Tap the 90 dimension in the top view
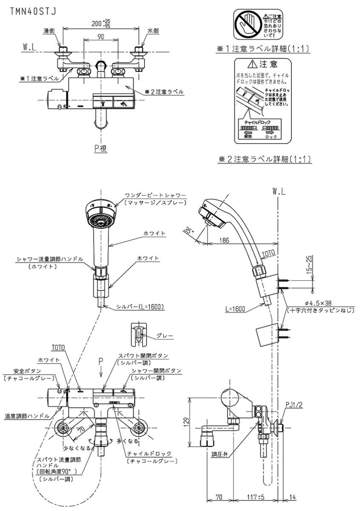pyautogui.click(x=101, y=37)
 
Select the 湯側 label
pyautogui.click(x=49, y=31)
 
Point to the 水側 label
pyautogui.click(x=153, y=31)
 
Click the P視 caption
pyautogui.click(x=101, y=148)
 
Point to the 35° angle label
pyautogui.click(x=190, y=230)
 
